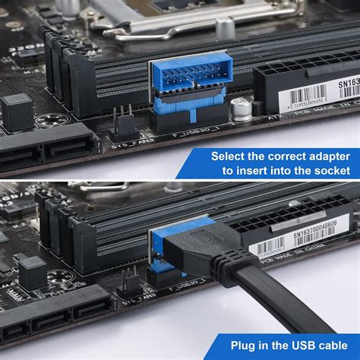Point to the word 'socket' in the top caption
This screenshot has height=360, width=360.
(330, 171)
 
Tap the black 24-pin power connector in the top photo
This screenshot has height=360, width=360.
(300, 76)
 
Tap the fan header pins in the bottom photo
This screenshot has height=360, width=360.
(128, 276)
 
